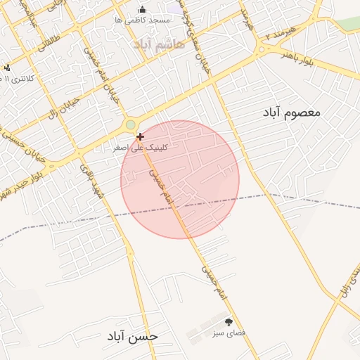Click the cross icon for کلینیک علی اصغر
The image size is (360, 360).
click(141, 136)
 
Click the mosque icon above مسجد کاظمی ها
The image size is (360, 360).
click(143, 9)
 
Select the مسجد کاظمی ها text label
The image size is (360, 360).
click(143, 20)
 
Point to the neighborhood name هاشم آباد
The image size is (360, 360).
click(162, 44)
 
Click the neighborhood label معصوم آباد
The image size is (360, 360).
click(292, 112)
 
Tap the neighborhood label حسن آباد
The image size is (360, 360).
click(133, 336)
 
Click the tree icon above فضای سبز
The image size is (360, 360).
click(229, 321)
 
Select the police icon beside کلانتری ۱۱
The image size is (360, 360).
click(6, 68)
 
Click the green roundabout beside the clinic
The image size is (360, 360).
click(130, 125)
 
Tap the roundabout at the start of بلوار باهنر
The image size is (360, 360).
click(262, 49)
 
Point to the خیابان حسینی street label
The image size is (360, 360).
click(21, 144)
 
